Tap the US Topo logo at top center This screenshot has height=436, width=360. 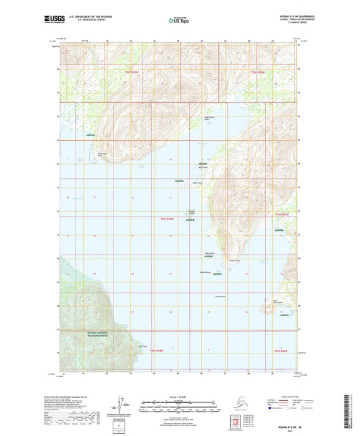179,22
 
